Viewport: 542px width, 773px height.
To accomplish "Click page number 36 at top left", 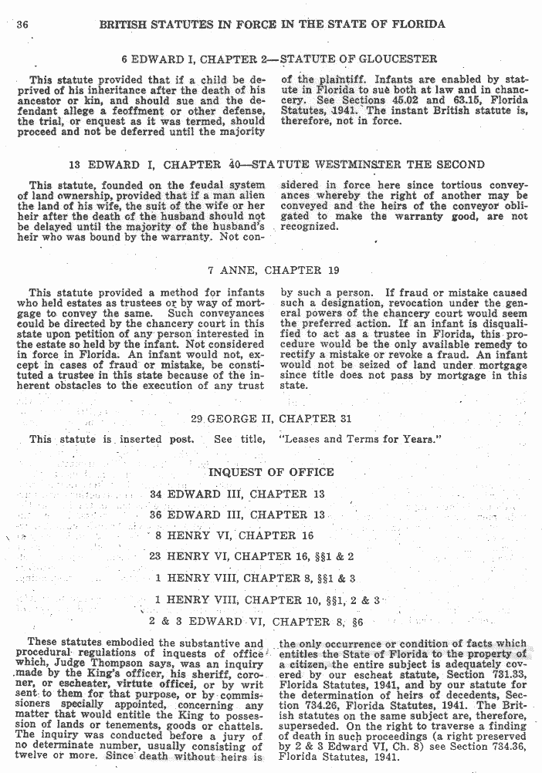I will pyautogui.click(x=22, y=25).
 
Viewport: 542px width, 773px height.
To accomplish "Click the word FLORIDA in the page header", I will pyautogui.click(x=417, y=24).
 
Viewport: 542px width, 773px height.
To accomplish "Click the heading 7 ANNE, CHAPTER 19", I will pyautogui.click(x=274, y=271).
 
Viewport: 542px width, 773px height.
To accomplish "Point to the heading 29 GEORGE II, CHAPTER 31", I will pyautogui.click(x=274, y=419).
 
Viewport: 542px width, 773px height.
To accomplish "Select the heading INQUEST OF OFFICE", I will pyautogui.click(x=271, y=472).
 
